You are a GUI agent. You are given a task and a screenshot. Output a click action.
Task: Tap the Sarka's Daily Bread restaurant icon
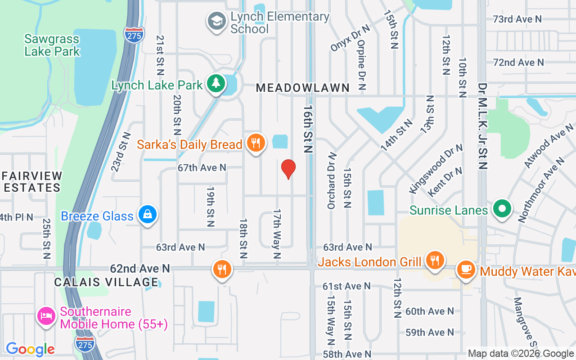pyautogui.click(x=256, y=144)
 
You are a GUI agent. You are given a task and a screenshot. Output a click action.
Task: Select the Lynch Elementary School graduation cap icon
pyautogui.click(x=216, y=21)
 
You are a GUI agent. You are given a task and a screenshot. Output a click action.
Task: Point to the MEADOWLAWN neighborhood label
pyautogui.click(x=303, y=88)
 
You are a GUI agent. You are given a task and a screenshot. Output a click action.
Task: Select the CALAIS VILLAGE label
pyautogui.click(x=106, y=282)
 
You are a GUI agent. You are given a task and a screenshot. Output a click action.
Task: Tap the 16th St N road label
pyautogui.click(x=308, y=130)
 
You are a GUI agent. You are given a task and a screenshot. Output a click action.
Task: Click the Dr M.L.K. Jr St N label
pyautogui.click(x=483, y=126)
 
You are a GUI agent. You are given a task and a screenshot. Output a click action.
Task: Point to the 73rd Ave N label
pyautogui.click(x=517, y=19)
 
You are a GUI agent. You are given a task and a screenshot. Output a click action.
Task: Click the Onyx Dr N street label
pyautogui.click(x=350, y=38)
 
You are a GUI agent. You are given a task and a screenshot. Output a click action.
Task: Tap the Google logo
pyautogui.click(x=30, y=349)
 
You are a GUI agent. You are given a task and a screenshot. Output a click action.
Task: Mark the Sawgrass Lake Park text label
pyautogui.click(x=52, y=45)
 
